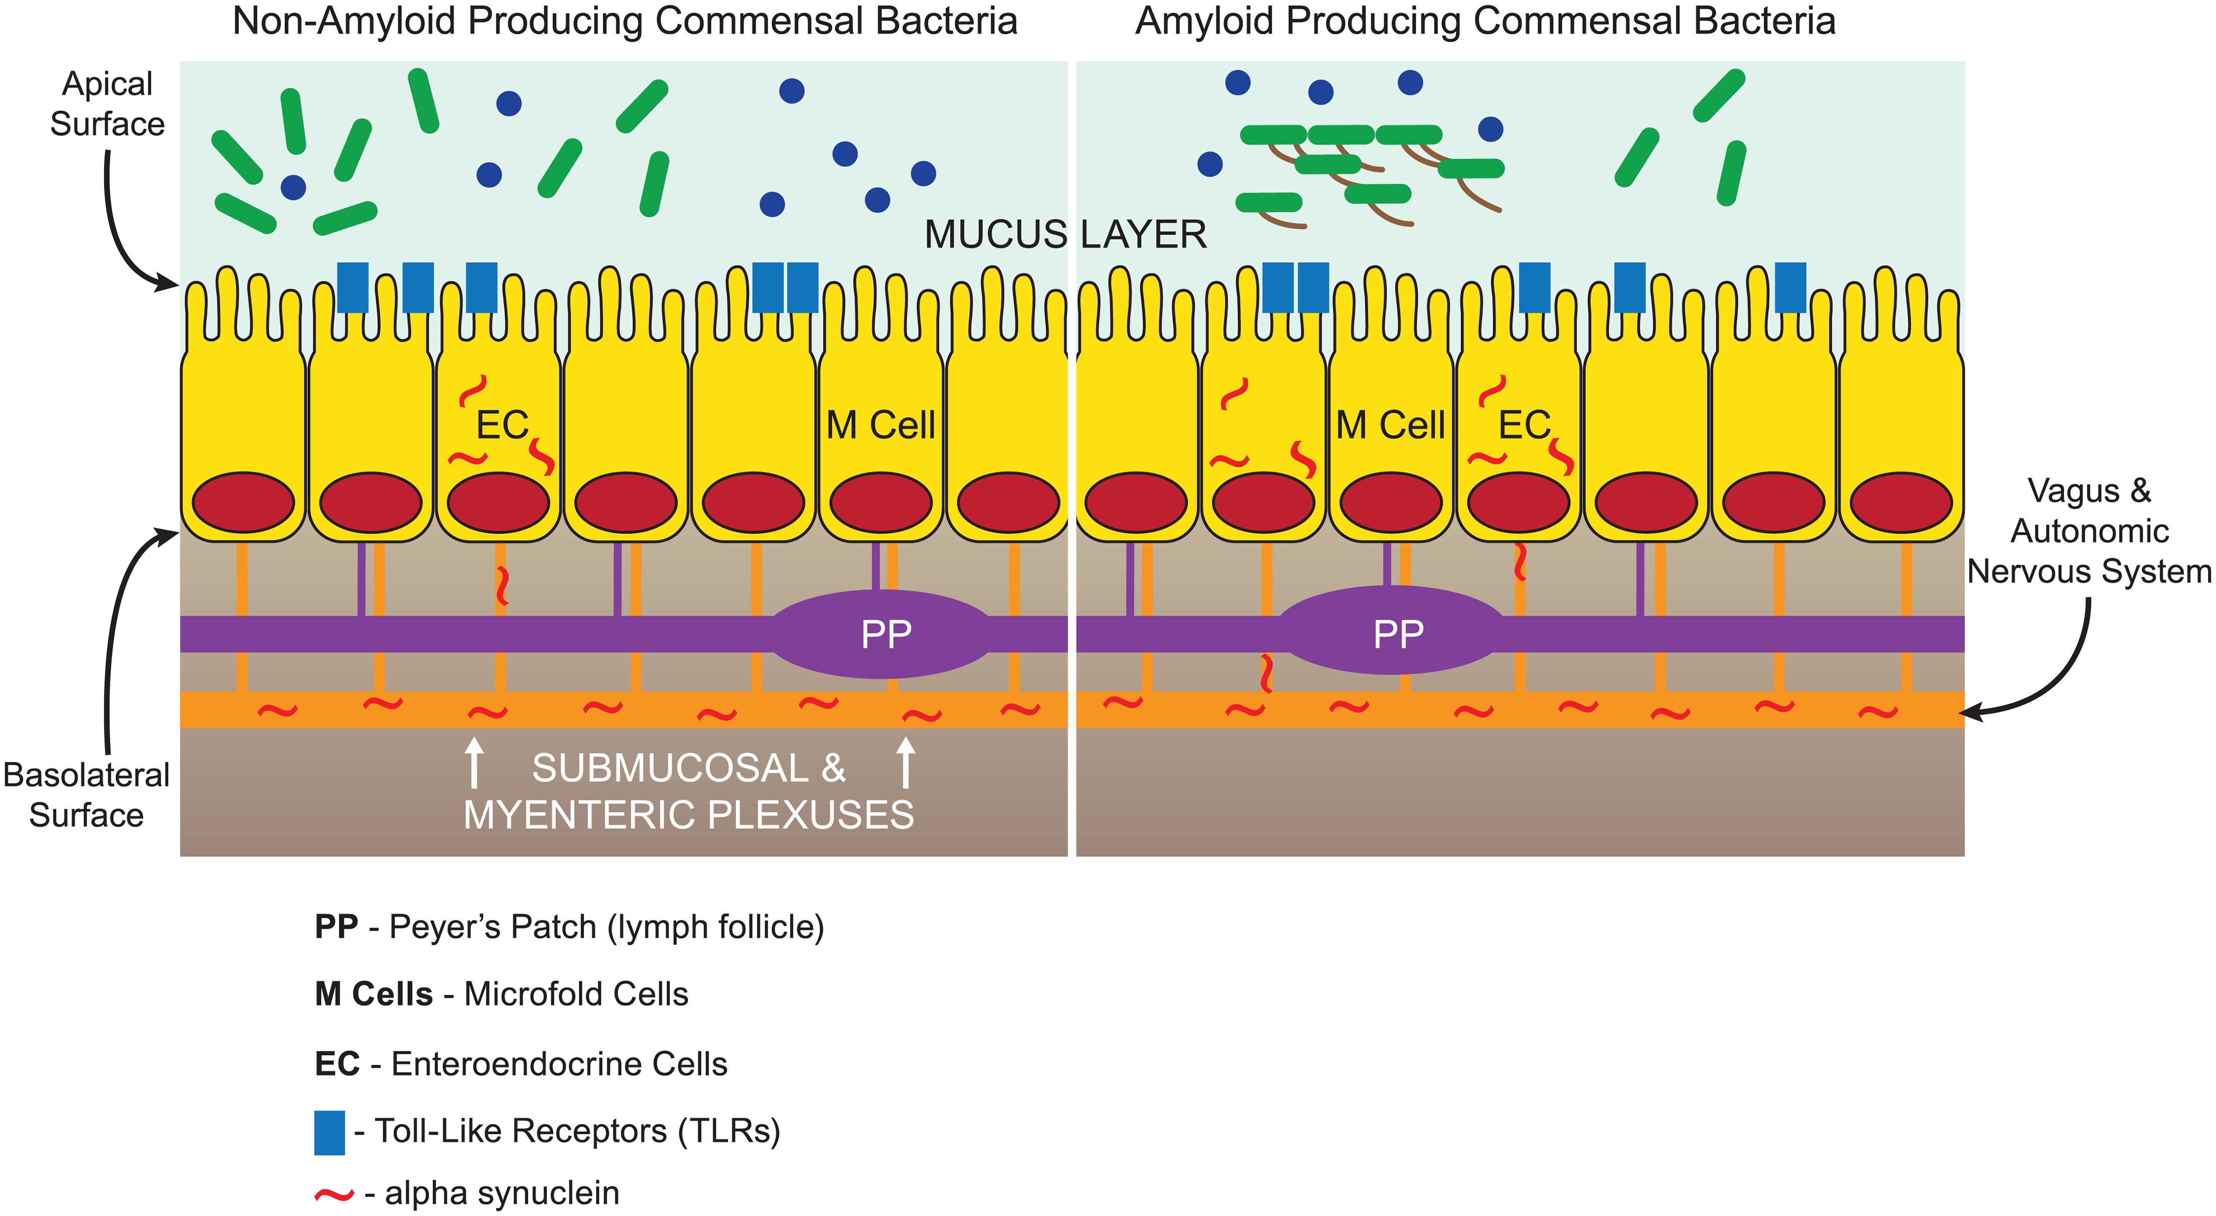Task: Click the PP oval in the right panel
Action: point(1395,634)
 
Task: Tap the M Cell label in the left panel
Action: point(880,425)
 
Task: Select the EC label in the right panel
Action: point(1525,425)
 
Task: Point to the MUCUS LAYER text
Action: point(1065,235)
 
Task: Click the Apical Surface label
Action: point(107,104)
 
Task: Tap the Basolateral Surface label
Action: point(86,795)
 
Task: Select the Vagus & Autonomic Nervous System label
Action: point(2089,530)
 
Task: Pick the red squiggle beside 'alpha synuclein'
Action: point(334,1194)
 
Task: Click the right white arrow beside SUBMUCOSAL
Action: point(905,763)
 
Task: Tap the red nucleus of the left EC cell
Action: point(498,502)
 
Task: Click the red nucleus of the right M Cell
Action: point(1390,502)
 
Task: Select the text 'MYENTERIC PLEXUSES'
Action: point(688,814)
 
